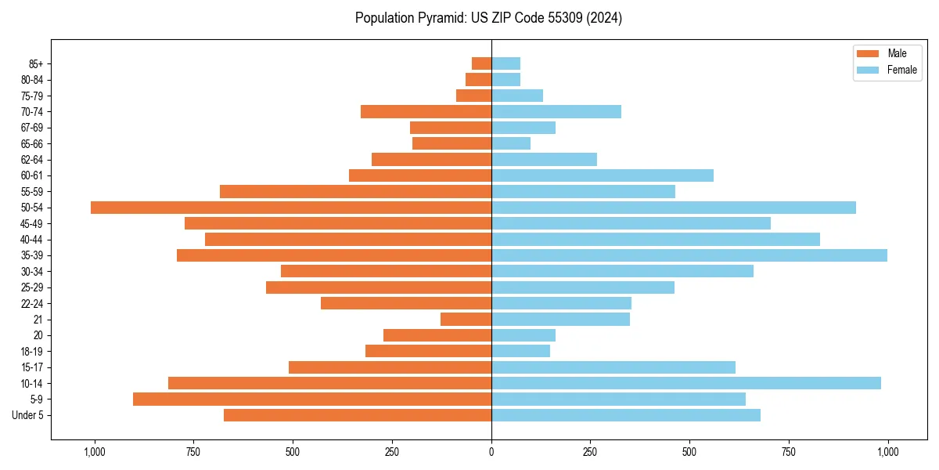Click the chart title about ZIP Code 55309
pos(488,18)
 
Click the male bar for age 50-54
pos(291,208)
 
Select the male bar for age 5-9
pos(312,399)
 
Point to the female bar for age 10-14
pos(685,383)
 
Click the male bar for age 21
pos(466,319)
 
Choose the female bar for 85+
pos(505,63)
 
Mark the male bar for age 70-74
pos(426,111)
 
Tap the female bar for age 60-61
pos(602,175)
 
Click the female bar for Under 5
pos(625,415)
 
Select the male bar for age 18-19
pos(428,351)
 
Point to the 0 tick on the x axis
pos(491,452)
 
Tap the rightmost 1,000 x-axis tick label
pos(887,452)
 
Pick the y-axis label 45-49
pos(31,223)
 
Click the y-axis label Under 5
pos(27,415)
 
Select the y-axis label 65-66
pos(31,143)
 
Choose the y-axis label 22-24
pos(31,303)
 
